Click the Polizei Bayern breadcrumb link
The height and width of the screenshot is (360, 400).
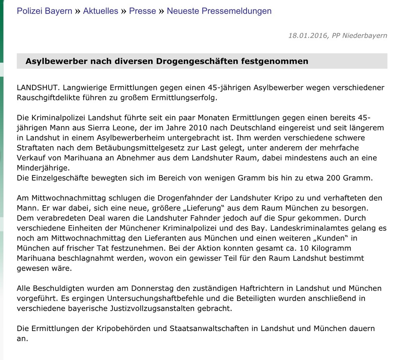tap(44, 11)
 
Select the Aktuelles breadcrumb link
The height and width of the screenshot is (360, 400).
tap(100, 11)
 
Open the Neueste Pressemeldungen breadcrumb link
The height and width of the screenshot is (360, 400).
tap(219, 11)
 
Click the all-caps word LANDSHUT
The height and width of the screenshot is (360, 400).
tap(37, 88)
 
